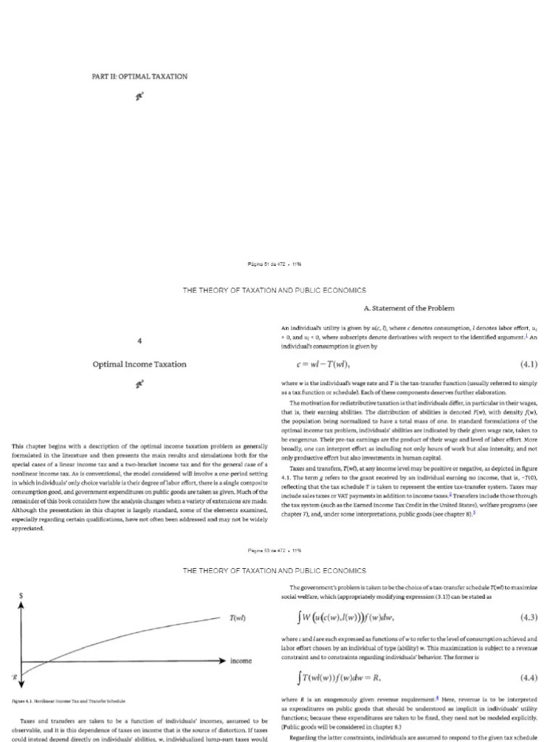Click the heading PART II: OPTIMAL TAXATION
(x=139, y=76)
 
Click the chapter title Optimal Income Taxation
(x=139, y=364)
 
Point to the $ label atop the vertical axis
(x=21, y=594)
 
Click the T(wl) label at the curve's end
(x=237, y=618)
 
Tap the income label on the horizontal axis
(x=241, y=661)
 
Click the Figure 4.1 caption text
(x=69, y=701)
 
